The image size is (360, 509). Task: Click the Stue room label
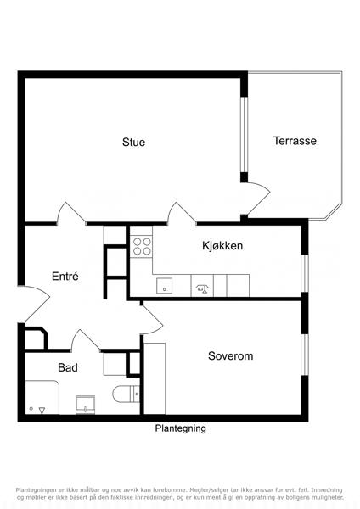pos(133,143)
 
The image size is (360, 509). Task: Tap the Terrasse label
pos(295,141)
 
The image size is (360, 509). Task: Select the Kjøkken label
pos(222,246)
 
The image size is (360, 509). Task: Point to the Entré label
pos(65,277)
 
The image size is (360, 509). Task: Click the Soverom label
pos(230,355)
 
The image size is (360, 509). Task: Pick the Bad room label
pos(68,367)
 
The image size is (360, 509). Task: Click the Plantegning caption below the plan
pos(180,428)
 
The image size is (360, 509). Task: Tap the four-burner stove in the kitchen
pos(142,246)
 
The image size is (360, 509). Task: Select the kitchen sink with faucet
pos(202,286)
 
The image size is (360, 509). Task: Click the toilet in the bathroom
pos(126,394)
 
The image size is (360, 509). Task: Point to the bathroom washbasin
pos(85,405)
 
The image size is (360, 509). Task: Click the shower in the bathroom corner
pos(42,397)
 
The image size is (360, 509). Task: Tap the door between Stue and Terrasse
pos(256,199)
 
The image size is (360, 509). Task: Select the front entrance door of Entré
pos(35,304)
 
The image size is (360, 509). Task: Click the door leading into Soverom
pos(151,319)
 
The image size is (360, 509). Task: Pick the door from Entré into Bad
pos(86,340)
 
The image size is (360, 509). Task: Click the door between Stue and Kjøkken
pos(182,213)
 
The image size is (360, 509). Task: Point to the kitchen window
pos(305,273)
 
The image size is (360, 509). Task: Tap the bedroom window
pos(305,355)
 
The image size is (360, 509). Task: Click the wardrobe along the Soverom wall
pos(155,378)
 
